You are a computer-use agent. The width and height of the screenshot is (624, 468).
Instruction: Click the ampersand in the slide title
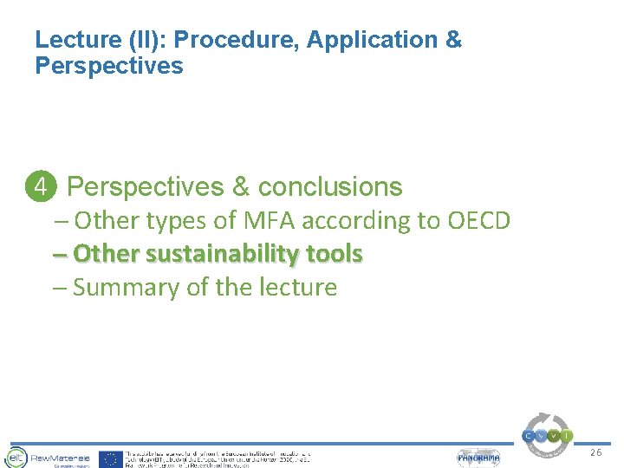point(453,40)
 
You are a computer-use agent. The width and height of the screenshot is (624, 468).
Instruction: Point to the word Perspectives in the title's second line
point(109,66)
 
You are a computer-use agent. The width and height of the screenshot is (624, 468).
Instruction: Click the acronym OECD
point(478,221)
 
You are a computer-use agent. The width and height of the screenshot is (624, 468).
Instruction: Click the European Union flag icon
point(110,458)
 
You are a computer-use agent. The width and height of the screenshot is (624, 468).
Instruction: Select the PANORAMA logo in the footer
point(478,458)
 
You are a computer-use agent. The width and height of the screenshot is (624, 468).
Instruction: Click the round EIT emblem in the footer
point(15,457)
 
